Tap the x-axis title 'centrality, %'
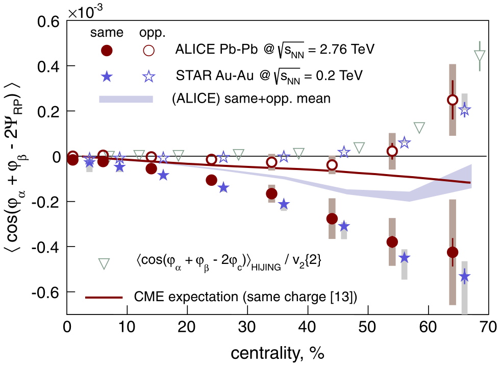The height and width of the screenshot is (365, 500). tap(278, 352)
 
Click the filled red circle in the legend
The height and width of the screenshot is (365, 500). tap(107, 50)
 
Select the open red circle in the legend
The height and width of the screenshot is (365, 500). tap(148, 50)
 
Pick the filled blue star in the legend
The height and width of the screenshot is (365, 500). tap(107, 76)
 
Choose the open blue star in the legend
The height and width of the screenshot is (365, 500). tap(148, 76)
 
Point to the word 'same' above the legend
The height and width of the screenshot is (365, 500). tap(107, 33)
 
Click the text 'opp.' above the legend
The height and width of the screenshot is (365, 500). tap(151, 33)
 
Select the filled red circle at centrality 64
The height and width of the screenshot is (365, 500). tap(452, 252)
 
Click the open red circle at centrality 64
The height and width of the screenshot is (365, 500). tap(452, 100)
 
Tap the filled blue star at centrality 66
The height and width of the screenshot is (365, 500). tap(464, 277)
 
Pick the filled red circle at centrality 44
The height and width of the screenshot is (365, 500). tap(332, 219)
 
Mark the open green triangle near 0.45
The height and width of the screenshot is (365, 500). tap(480, 56)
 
